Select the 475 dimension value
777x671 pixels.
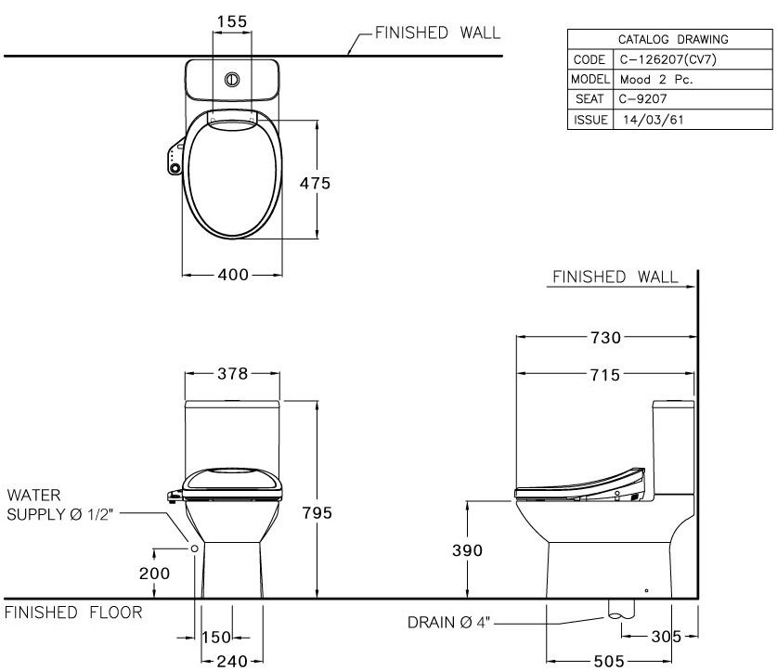click(315, 183)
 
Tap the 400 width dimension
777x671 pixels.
click(232, 275)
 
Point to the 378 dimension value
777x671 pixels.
click(232, 374)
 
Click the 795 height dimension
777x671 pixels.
click(316, 513)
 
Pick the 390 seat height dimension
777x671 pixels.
click(468, 550)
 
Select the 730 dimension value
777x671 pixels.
click(604, 337)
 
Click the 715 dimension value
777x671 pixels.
click(604, 374)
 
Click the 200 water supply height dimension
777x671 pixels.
click(154, 574)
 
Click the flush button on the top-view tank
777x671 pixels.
click(232, 80)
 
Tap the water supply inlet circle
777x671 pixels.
click(195, 548)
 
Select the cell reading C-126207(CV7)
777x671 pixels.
click(667, 59)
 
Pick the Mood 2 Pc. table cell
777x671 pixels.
click(657, 80)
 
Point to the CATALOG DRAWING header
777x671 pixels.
click(672, 40)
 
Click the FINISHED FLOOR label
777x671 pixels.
click(74, 613)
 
